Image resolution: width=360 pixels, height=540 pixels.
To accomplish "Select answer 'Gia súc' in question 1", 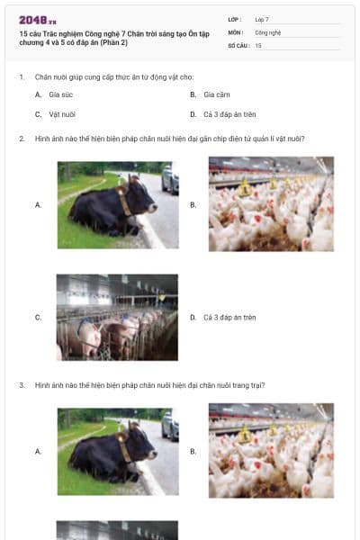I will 59,94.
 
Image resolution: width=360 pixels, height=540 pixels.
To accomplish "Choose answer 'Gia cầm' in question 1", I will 217,94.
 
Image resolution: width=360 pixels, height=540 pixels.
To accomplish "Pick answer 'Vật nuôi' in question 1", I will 62,115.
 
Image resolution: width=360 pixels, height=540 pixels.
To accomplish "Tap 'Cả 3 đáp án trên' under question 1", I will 229,115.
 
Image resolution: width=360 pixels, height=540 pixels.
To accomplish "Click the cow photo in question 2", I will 117,205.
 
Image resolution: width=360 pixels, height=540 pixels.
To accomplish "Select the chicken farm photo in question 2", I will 271,204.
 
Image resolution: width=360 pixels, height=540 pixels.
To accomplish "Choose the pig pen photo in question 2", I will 117,317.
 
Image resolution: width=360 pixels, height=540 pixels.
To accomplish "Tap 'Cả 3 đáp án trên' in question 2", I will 229,318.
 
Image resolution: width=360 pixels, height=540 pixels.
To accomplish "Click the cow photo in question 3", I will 117,451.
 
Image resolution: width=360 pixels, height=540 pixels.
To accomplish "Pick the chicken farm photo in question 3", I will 271,450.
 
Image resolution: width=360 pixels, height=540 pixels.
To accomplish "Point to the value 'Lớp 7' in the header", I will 262,19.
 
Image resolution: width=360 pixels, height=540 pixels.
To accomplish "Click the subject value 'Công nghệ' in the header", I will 268,31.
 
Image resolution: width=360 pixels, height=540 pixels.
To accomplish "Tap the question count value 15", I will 258,45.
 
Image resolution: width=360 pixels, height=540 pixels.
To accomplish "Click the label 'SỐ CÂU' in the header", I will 237,45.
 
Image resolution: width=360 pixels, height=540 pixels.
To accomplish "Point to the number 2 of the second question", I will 21,139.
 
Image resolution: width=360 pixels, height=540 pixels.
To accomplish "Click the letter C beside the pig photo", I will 38,318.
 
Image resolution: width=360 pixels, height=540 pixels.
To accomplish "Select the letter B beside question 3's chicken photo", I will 193,451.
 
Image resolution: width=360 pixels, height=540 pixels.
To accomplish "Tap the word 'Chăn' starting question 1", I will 42,77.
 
